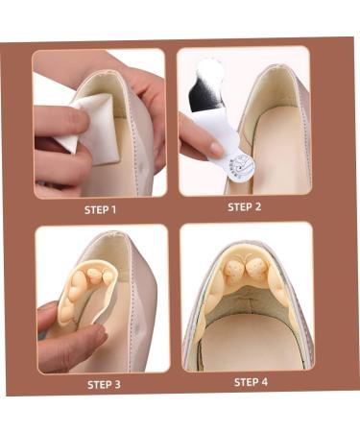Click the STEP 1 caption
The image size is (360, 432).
point(101,208)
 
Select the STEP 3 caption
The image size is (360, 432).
point(104,384)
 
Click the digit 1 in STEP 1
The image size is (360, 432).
point(114,208)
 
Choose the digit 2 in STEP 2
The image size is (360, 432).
point(261,205)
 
